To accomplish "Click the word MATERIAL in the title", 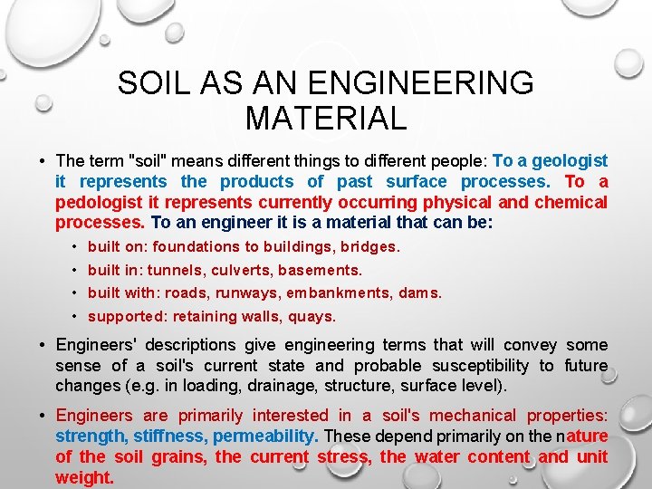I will point(325,118).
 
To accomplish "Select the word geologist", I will point(570,161).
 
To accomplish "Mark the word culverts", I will point(243,270).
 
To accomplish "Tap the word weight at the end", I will point(84,478).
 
